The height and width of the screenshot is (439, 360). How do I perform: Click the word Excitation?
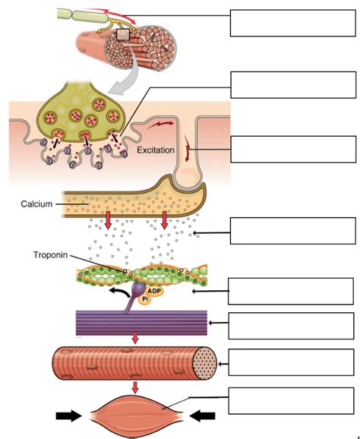click(x=156, y=150)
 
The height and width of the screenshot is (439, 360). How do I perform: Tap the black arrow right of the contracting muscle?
click(x=201, y=415)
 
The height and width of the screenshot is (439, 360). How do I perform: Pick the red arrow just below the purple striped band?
click(x=135, y=337)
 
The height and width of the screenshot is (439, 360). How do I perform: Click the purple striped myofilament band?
click(x=137, y=322)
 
